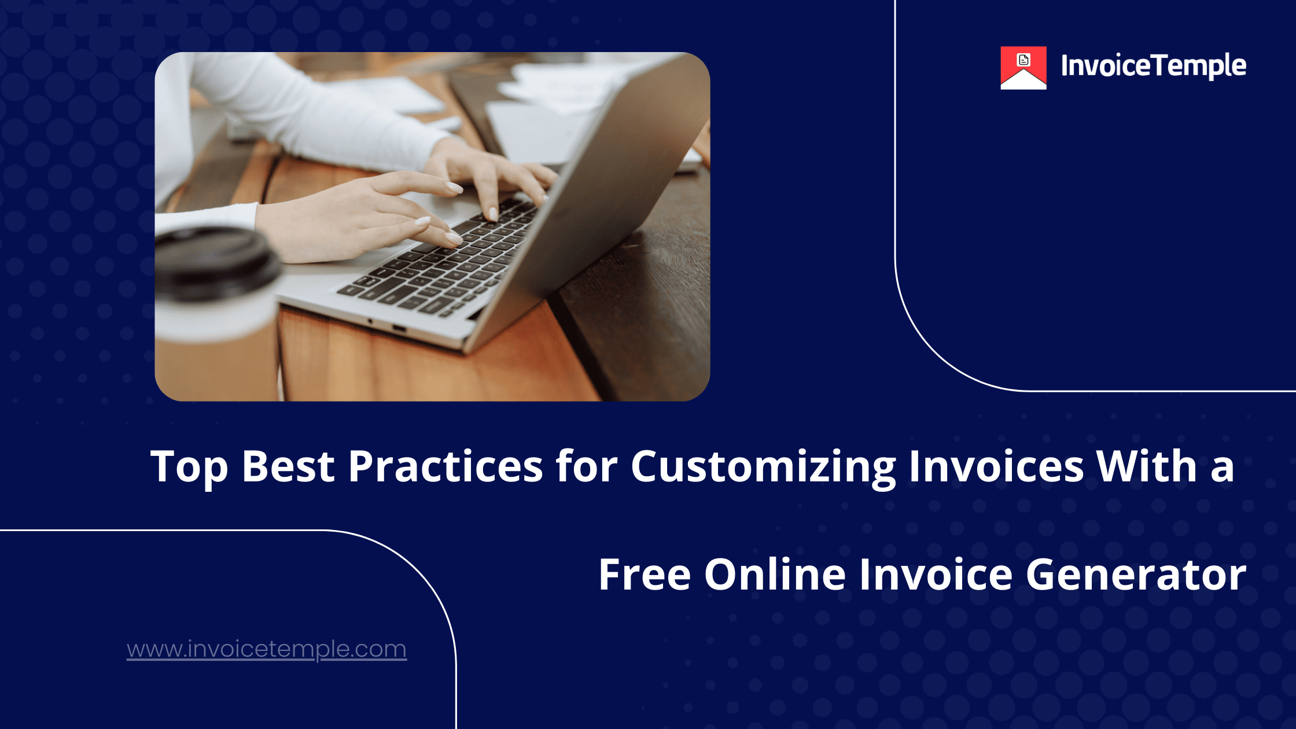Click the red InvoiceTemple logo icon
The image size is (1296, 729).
click(1023, 68)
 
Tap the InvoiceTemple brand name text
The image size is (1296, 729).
click(1153, 66)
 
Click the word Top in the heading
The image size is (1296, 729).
click(189, 466)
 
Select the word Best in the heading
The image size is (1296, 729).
click(288, 466)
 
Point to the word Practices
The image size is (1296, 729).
click(445, 466)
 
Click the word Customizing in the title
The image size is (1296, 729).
click(763, 466)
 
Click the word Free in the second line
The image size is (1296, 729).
click(644, 575)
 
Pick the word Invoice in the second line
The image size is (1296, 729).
click(936, 575)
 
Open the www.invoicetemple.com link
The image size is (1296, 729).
click(267, 649)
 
